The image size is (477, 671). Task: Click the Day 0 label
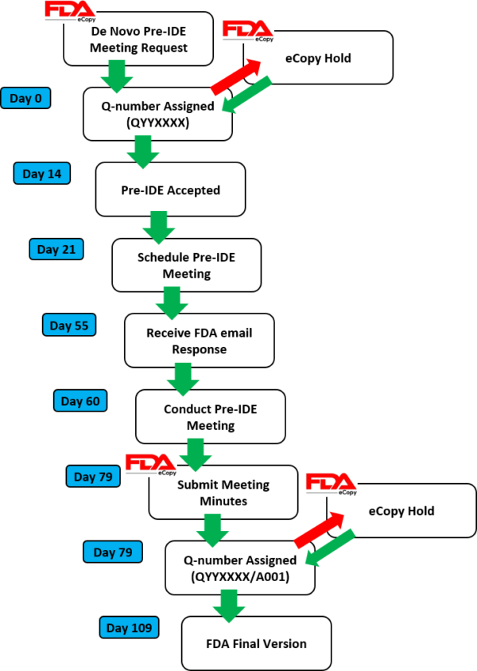click(25, 98)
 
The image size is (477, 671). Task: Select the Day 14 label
click(41, 174)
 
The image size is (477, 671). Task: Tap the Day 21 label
click(56, 249)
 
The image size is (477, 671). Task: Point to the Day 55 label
click(69, 325)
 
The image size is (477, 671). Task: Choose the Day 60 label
click(80, 400)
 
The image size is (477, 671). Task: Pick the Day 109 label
click(129, 627)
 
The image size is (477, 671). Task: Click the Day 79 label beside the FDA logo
click(93, 476)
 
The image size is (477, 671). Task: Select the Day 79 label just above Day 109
click(113, 552)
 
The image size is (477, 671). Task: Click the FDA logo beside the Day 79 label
click(151, 465)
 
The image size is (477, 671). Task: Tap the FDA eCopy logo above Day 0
click(70, 11)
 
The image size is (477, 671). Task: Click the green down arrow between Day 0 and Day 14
click(143, 151)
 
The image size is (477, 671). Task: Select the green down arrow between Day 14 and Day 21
click(158, 227)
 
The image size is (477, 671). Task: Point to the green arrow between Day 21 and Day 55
click(172, 302)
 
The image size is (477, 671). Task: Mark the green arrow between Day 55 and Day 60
click(183, 379)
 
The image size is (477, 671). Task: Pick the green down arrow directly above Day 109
click(228, 606)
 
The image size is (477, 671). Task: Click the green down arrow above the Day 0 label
click(117, 76)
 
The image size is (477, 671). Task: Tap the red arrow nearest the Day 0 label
click(236, 76)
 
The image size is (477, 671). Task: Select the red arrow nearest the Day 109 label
click(320, 530)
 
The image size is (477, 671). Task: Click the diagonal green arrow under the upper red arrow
click(246, 95)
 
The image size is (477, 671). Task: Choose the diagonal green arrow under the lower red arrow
click(330, 548)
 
